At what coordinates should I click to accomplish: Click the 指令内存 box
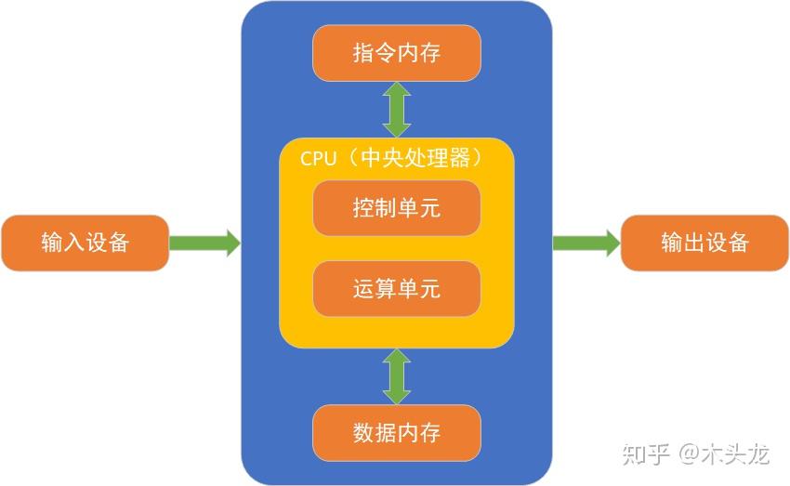(397, 53)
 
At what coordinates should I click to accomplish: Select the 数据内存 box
(397, 433)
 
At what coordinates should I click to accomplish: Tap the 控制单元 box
(397, 208)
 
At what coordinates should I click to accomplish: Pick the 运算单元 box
(397, 289)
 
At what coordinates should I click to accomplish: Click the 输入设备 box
(85, 243)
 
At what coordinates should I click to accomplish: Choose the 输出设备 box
(704, 243)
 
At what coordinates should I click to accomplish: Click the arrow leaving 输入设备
(204, 243)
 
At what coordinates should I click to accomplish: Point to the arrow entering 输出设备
(586, 243)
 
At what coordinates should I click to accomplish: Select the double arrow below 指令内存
(397, 110)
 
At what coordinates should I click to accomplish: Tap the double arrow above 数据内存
(397, 376)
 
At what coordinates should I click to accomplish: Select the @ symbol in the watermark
(689, 454)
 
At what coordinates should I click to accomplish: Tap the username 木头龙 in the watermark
(735, 453)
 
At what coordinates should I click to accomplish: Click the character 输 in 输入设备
(52, 243)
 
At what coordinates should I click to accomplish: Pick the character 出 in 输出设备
(693, 243)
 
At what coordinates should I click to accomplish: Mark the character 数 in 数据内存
(363, 433)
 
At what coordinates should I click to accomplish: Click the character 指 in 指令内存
(363, 53)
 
